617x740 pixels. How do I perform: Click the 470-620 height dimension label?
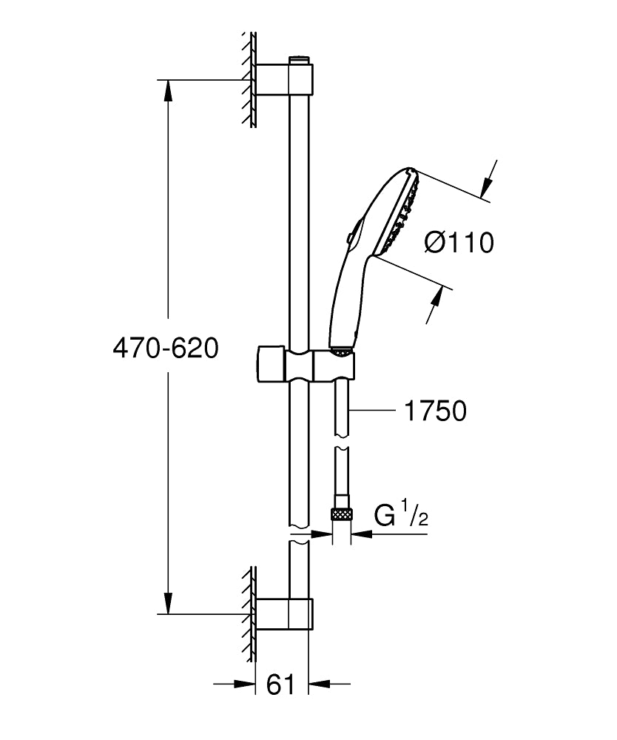click(166, 349)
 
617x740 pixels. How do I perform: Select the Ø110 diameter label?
click(459, 242)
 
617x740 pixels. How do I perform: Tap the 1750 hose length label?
click(435, 411)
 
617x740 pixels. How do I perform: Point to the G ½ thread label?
click(400, 515)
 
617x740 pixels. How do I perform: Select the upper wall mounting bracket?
click(283, 79)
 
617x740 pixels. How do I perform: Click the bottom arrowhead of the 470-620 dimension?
click(169, 602)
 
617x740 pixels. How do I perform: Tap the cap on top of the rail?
click(299, 56)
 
